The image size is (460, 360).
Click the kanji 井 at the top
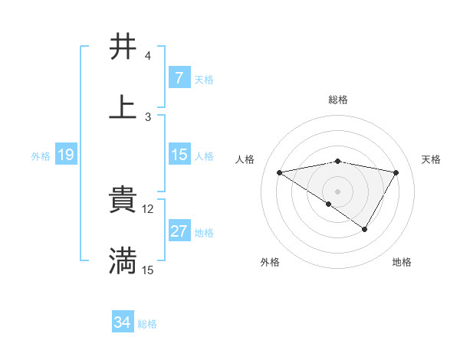[x=123, y=47]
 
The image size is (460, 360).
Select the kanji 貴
[x=123, y=200]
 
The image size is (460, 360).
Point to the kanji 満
[x=123, y=261]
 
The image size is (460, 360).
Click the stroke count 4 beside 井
[x=147, y=56]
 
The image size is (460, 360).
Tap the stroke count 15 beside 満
[x=148, y=270]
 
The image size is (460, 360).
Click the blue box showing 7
[x=179, y=77]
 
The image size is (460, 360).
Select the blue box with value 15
[x=179, y=155]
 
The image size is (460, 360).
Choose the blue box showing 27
[x=179, y=231]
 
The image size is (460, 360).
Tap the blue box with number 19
[x=66, y=155]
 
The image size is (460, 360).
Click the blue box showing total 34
[x=123, y=322]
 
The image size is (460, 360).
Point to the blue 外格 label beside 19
[x=41, y=156]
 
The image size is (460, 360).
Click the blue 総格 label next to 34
[x=147, y=324]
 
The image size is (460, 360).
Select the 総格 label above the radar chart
[x=338, y=100]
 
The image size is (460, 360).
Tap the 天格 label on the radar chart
[x=431, y=159]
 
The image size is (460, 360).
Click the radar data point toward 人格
[x=280, y=172]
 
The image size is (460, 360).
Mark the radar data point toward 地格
[x=365, y=228]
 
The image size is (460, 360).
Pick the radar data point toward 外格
[x=329, y=204]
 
